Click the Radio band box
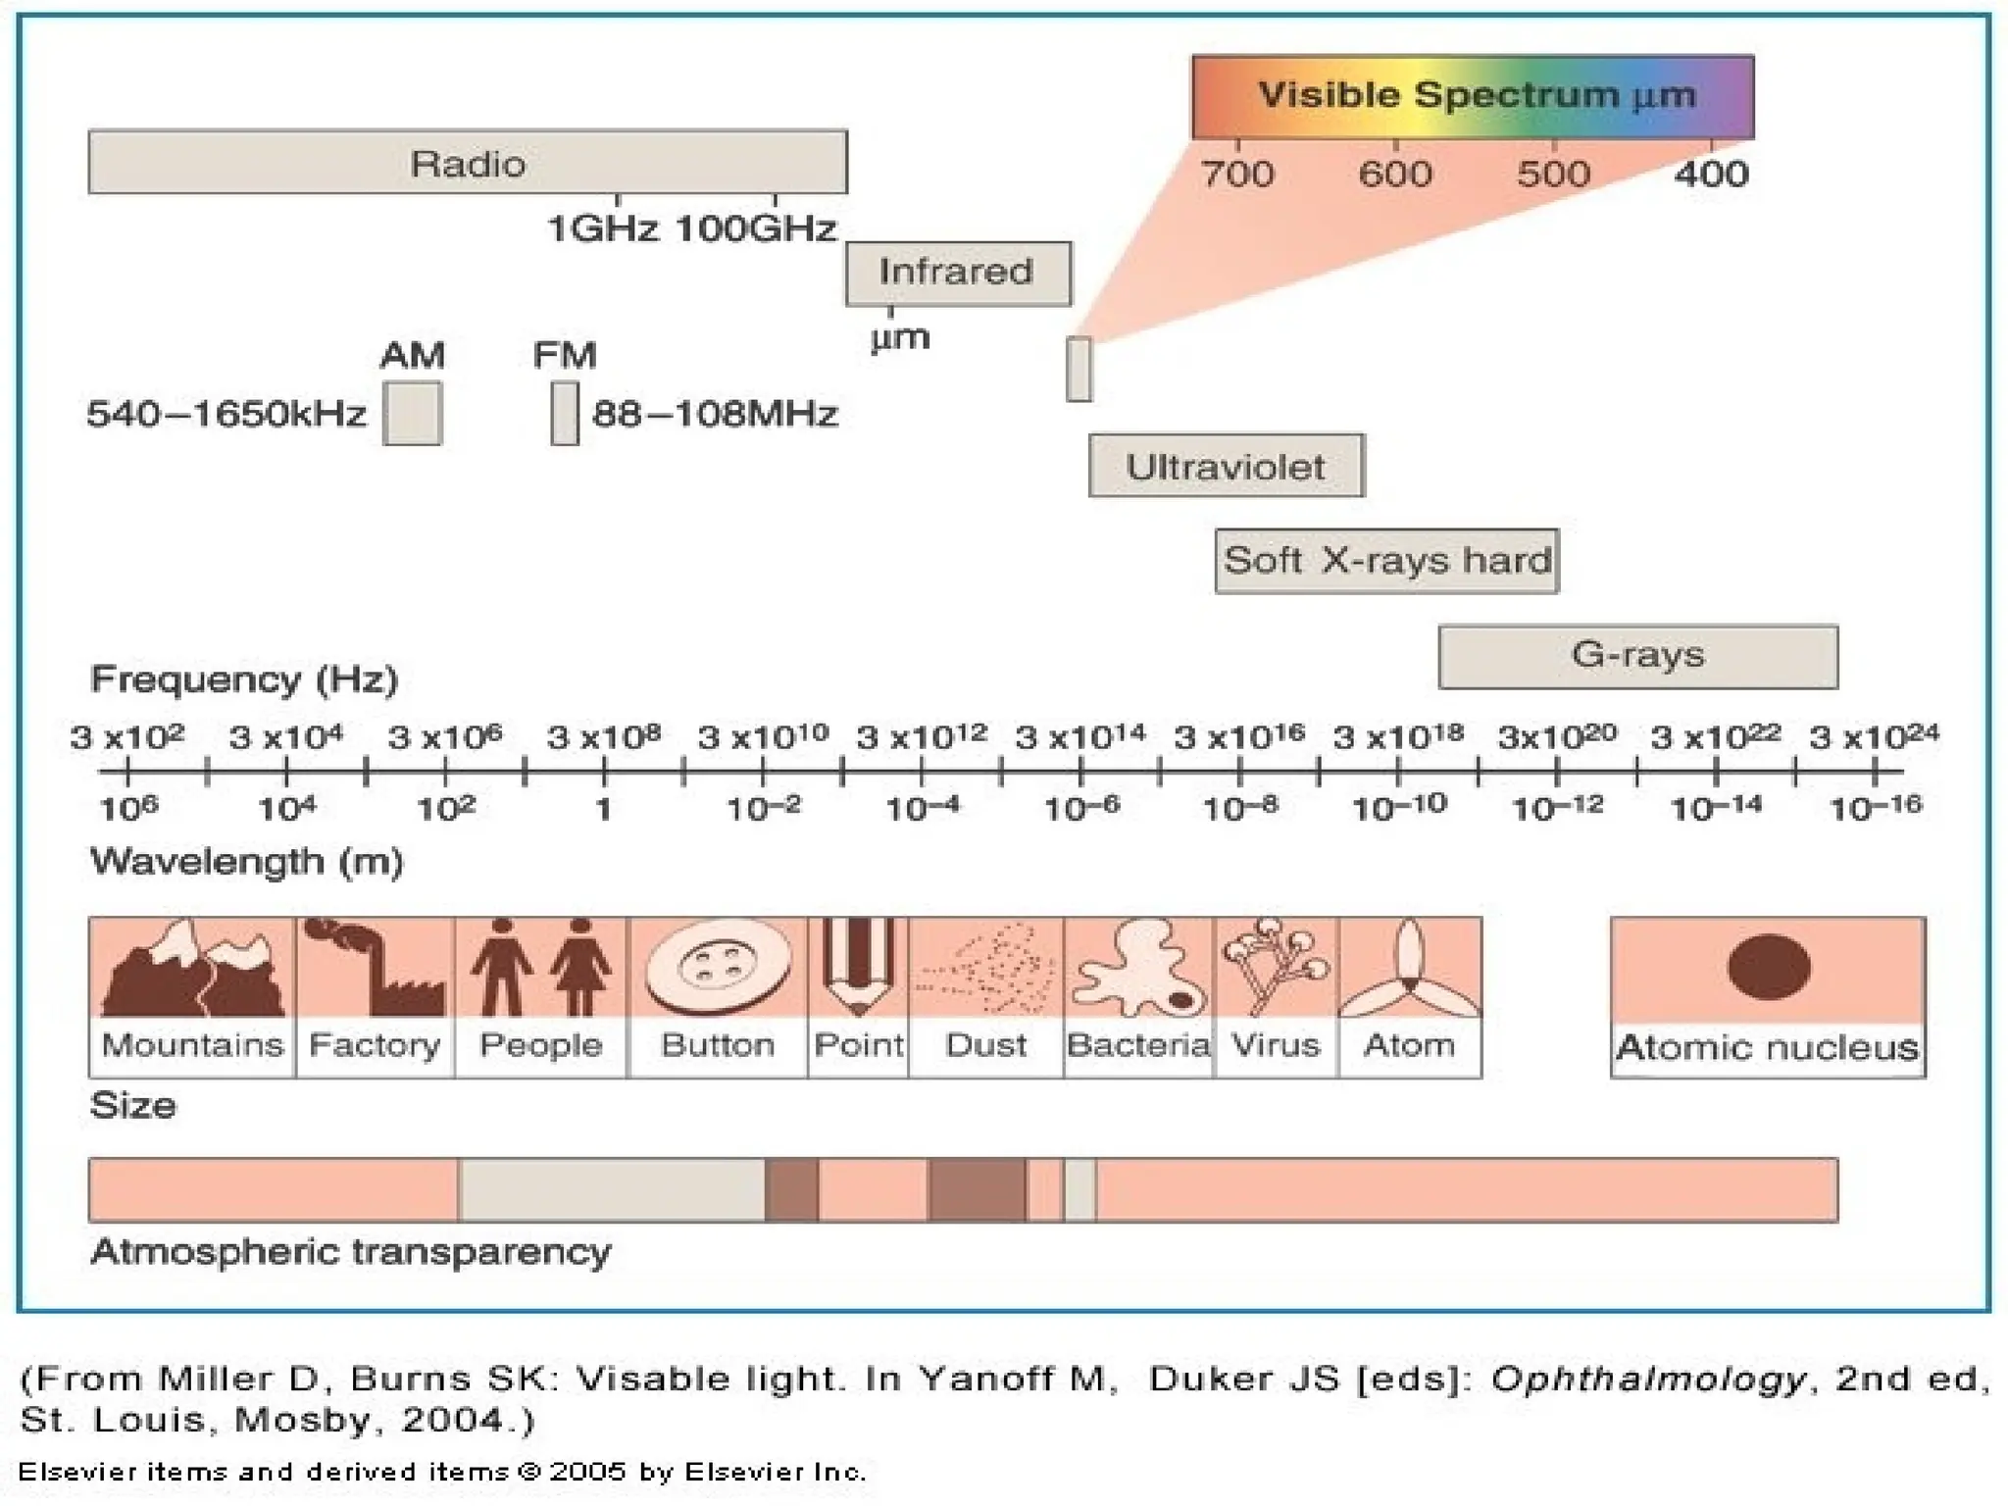point(468,162)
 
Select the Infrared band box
point(958,273)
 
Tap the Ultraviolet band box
point(1226,466)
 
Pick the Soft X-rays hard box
point(1386,561)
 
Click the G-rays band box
point(1637,656)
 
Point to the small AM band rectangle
point(412,414)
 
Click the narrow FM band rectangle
point(565,414)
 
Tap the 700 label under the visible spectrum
point(1237,175)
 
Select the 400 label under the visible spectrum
point(1711,175)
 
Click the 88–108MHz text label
point(715,414)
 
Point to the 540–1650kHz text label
point(226,414)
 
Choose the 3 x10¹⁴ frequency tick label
point(1079,736)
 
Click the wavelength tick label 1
point(604,810)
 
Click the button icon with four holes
point(718,967)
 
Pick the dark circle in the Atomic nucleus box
point(1769,967)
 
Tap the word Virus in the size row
point(1276,1045)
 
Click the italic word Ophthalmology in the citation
point(1647,1379)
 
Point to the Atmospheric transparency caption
point(350,1252)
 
